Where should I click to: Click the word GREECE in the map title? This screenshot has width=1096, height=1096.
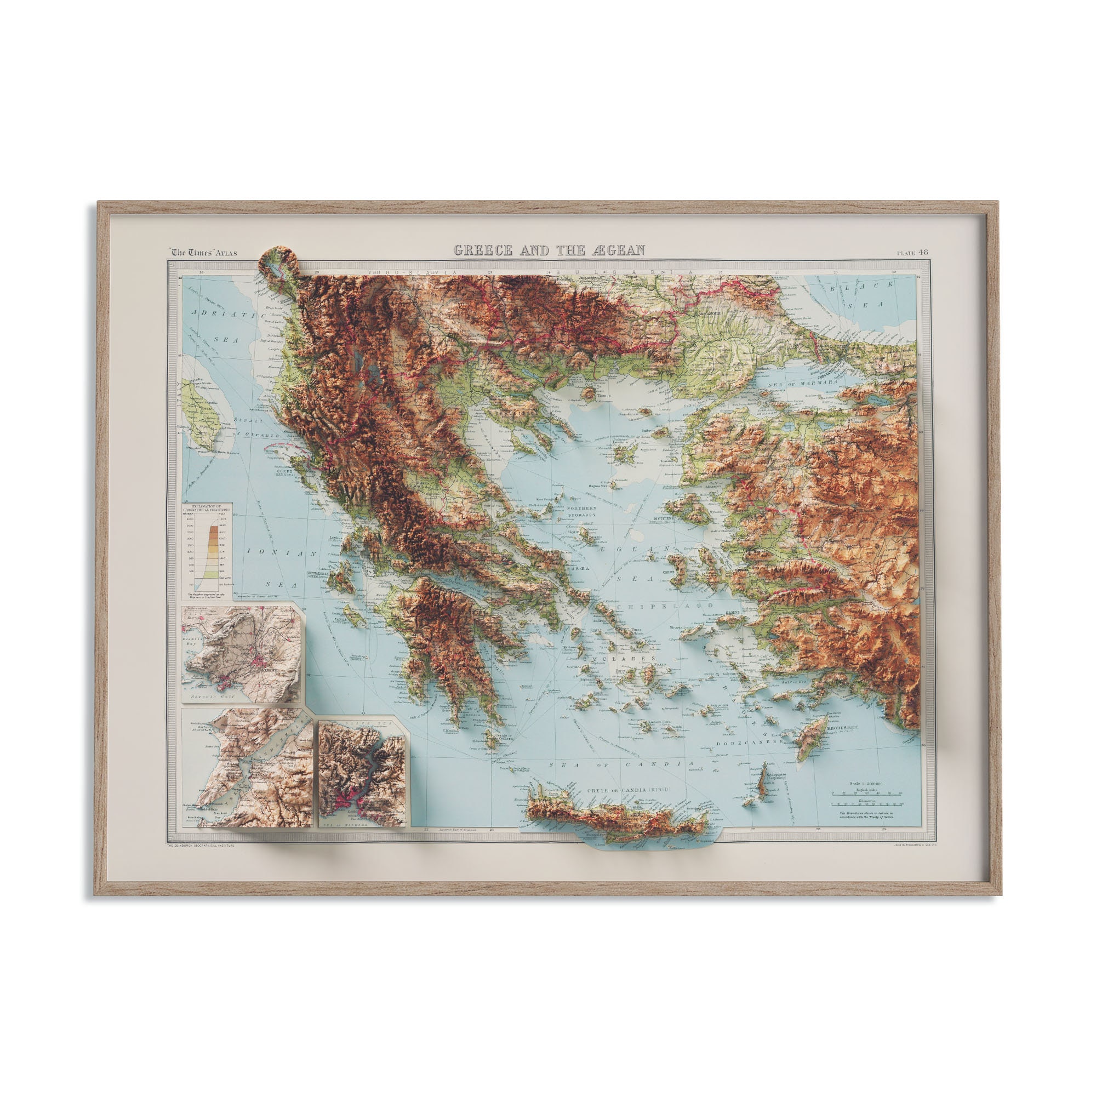pyautogui.click(x=484, y=250)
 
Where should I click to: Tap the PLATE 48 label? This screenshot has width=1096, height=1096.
pyautogui.click(x=912, y=253)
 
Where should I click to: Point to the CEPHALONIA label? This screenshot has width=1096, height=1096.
pyautogui.click(x=319, y=574)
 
